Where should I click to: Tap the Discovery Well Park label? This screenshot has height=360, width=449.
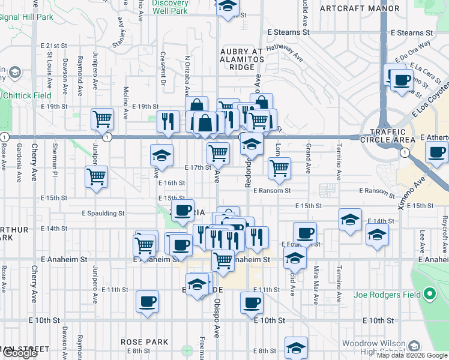(x=170, y=7)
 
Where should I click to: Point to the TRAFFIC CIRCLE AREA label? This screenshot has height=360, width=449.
(x=393, y=136)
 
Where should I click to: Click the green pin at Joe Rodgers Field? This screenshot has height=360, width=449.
(x=429, y=294)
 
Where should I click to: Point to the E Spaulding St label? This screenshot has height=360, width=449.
(x=103, y=213)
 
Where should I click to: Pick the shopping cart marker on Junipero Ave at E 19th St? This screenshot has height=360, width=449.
(x=103, y=118)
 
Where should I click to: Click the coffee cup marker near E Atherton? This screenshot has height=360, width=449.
(x=436, y=152)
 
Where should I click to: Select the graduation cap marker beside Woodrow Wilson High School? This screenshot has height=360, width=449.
(x=296, y=347)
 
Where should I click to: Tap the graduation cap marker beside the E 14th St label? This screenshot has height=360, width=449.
(x=350, y=219)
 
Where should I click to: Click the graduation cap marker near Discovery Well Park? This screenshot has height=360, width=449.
(x=228, y=7)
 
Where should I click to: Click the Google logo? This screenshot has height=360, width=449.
(x=20, y=353)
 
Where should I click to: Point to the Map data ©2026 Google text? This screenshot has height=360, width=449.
(x=412, y=355)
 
